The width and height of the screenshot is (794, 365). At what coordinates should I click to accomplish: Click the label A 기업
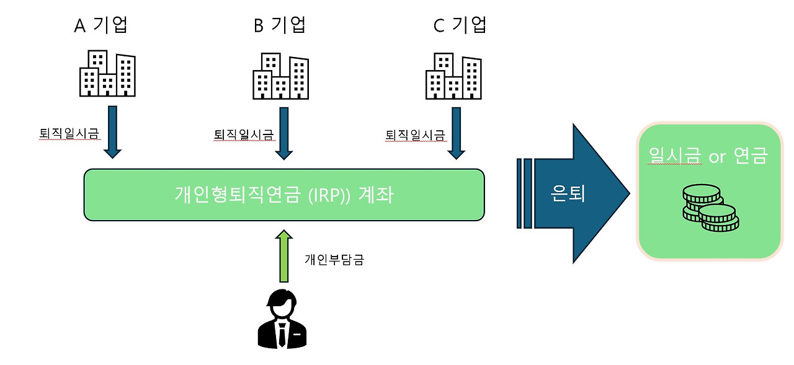pos(104,25)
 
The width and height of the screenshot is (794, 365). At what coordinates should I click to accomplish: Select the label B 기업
pos(280,25)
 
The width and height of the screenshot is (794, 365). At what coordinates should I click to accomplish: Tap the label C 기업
pos(460,25)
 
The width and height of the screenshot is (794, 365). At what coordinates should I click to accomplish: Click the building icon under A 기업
pos(107,74)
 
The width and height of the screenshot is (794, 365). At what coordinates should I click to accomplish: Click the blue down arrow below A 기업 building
pos(113,131)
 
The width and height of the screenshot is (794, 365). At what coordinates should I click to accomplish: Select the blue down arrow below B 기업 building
pos(285,133)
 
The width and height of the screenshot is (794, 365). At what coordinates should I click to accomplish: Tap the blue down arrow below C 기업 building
pos(457,133)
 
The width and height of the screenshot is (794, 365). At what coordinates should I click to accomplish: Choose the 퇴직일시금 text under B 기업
pos(243,134)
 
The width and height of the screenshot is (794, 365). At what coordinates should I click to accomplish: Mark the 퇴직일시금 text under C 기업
pos(415,134)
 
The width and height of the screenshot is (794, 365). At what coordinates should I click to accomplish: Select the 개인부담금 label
pos(334,260)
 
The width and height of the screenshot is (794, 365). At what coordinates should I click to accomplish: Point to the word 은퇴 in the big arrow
pos(568,195)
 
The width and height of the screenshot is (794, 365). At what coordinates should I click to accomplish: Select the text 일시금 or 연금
pos(708,157)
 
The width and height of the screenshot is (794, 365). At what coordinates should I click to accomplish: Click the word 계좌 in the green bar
pos(375,195)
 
